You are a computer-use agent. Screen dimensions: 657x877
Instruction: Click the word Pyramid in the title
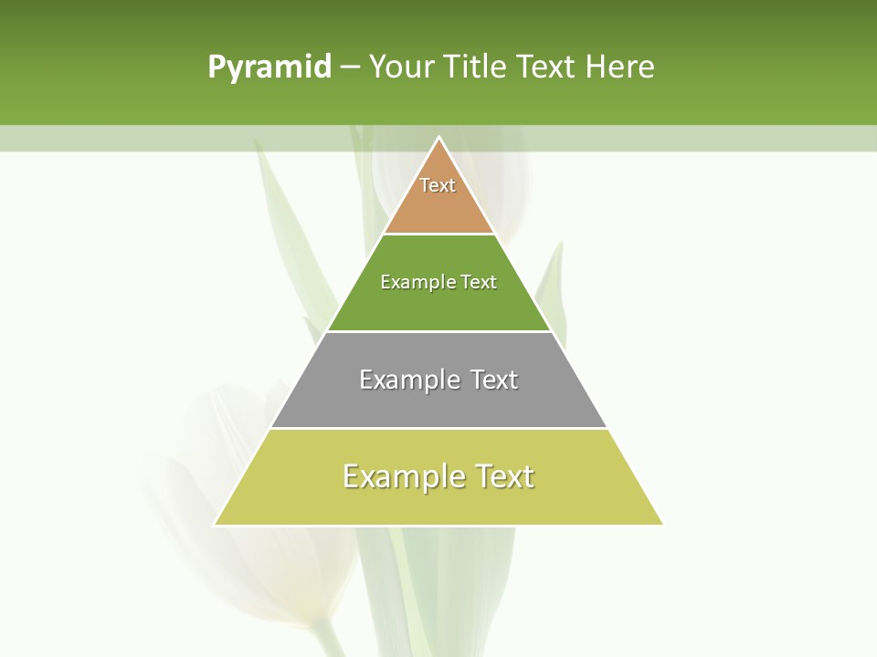click(269, 68)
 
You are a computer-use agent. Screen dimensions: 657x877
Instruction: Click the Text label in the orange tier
click(438, 185)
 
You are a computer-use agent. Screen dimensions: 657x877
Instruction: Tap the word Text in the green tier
click(479, 282)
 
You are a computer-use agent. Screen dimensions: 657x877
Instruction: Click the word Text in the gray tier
click(494, 380)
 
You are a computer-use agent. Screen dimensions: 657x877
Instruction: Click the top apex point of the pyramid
click(439, 138)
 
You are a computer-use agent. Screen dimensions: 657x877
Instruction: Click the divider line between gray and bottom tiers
click(438, 428)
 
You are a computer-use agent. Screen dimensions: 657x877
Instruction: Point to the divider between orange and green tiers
click(438, 234)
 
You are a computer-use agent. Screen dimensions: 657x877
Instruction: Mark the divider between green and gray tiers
click(438, 331)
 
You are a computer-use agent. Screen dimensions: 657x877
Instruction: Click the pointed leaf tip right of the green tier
click(561, 243)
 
